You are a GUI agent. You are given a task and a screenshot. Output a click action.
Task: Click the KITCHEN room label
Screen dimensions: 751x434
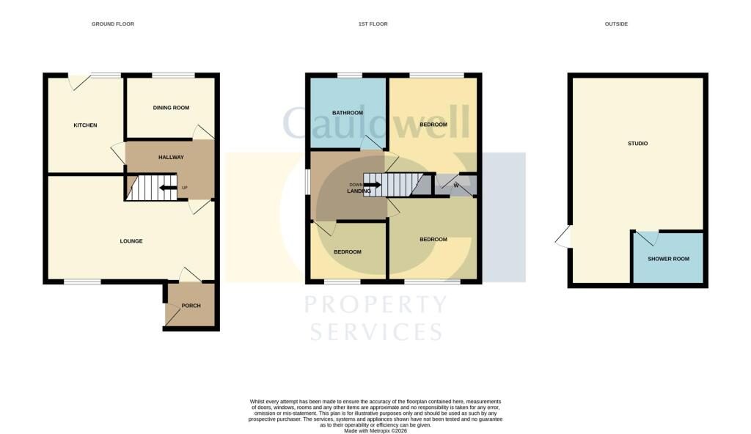(85, 125)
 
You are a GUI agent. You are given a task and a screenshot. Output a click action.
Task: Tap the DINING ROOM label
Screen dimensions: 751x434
(171, 108)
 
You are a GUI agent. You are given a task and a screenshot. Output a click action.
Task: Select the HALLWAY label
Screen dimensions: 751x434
(171, 157)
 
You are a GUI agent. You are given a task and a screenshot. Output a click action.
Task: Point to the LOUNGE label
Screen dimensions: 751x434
(131, 241)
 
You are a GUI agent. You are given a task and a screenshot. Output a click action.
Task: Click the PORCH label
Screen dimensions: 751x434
(191, 306)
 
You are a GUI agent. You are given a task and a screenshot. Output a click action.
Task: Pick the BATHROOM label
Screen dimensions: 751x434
(348, 113)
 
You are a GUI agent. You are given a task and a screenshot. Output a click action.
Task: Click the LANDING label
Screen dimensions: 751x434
(359, 191)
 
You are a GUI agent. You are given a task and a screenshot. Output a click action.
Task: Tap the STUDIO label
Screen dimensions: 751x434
(637, 143)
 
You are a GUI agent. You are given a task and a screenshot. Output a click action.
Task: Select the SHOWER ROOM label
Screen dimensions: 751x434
(669, 259)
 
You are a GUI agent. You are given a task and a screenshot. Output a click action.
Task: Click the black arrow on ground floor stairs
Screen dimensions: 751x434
(168, 188)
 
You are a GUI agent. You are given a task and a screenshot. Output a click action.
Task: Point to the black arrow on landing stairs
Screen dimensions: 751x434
(373, 185)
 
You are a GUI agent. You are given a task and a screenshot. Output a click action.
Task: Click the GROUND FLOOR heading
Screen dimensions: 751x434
(113, 24)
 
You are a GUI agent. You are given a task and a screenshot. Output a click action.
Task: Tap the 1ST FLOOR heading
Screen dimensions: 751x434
(373, 24)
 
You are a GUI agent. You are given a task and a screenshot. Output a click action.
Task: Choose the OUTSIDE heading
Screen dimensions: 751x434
(616, 24)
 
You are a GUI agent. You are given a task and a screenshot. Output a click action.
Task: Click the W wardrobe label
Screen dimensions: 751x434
(456, 185)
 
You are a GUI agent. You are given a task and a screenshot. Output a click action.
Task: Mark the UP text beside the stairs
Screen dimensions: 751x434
(185, 188)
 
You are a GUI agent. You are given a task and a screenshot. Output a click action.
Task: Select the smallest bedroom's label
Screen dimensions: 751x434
(348, 252)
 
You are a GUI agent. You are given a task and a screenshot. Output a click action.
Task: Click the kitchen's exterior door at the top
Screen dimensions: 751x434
(81, 81)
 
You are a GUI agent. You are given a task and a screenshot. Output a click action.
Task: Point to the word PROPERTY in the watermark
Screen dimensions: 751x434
(376, 305)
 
